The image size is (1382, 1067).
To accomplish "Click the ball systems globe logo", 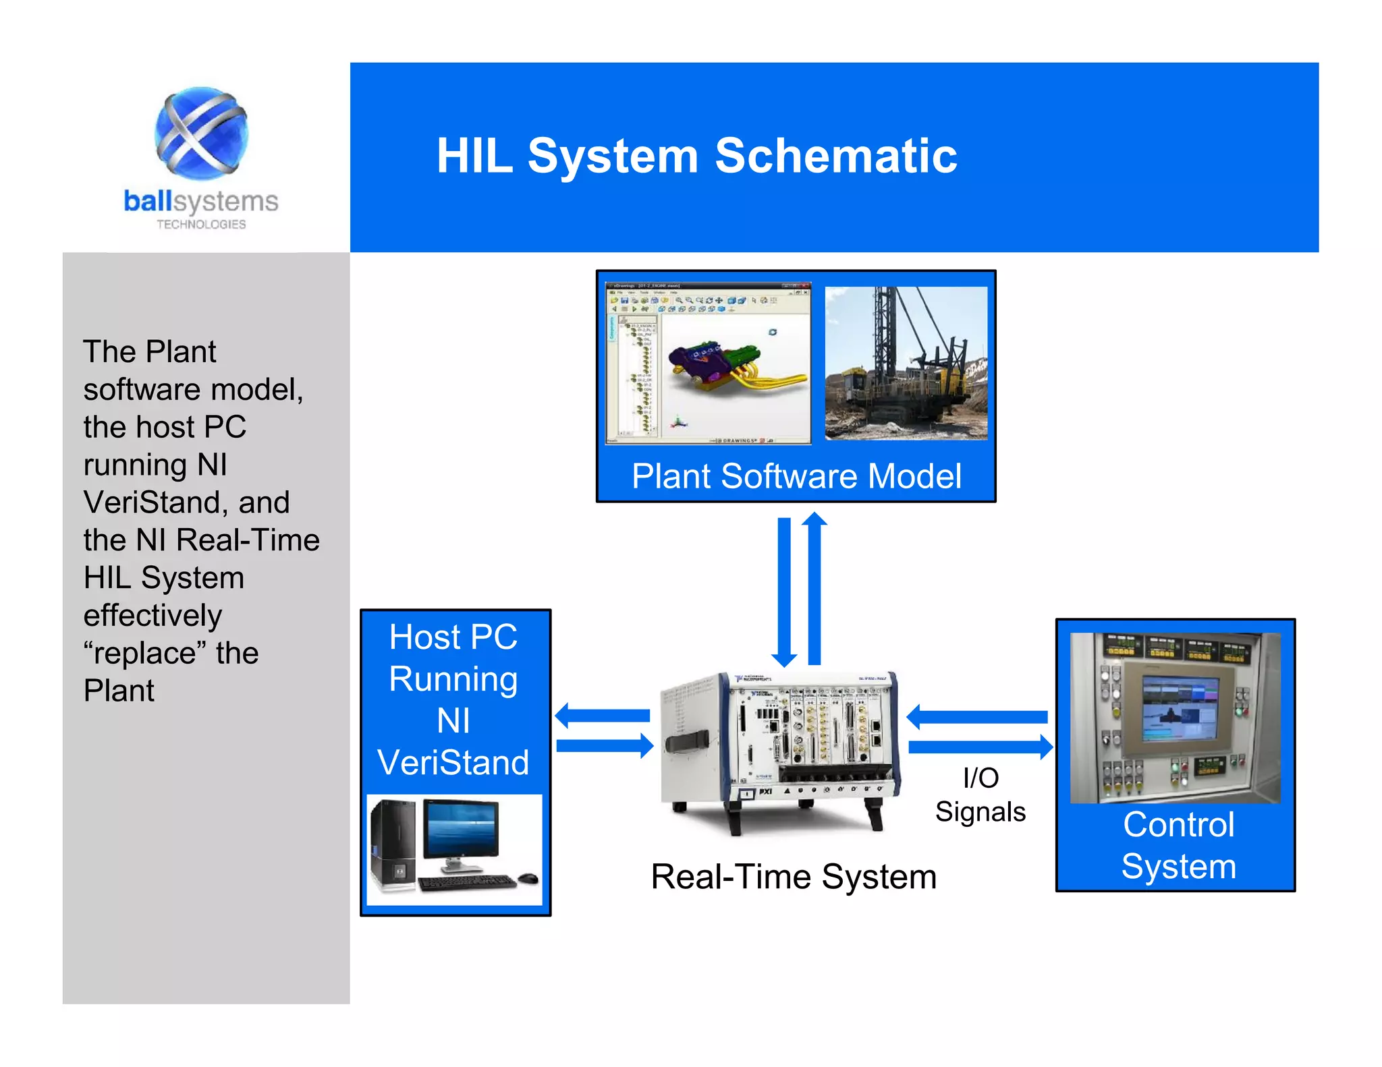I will (201, 133).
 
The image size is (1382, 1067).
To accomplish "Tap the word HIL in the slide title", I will (474, 156).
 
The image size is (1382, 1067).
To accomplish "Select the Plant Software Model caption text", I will (796, 476).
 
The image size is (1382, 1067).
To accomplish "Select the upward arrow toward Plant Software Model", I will (814, 587).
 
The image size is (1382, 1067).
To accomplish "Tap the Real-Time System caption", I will (794, 877).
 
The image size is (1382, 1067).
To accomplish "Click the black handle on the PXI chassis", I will (687, 741).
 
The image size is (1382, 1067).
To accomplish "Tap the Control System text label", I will (1178, 845).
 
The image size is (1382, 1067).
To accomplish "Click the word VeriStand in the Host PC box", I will (453, 763).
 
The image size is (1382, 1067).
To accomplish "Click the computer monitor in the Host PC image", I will (462, 830).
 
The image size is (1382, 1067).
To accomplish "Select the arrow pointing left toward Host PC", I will (602, 716).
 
